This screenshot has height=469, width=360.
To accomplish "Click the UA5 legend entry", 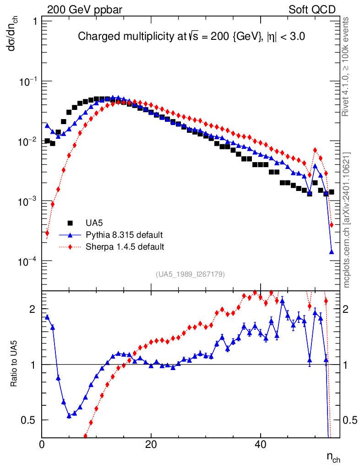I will click(x=94, y=223).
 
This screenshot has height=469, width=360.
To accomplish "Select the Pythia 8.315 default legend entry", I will click(x=124, y=235).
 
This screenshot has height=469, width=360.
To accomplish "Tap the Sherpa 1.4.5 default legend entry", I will click(x=125, y=247).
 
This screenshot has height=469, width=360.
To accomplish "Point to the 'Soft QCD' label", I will click(x=312, y=10).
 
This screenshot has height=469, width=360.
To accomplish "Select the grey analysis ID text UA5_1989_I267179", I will click(x=191, y=274).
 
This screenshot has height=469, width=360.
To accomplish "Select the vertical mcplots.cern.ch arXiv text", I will click(x=347, y=220).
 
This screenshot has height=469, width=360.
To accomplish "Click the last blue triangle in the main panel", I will click(x=331, y=251).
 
